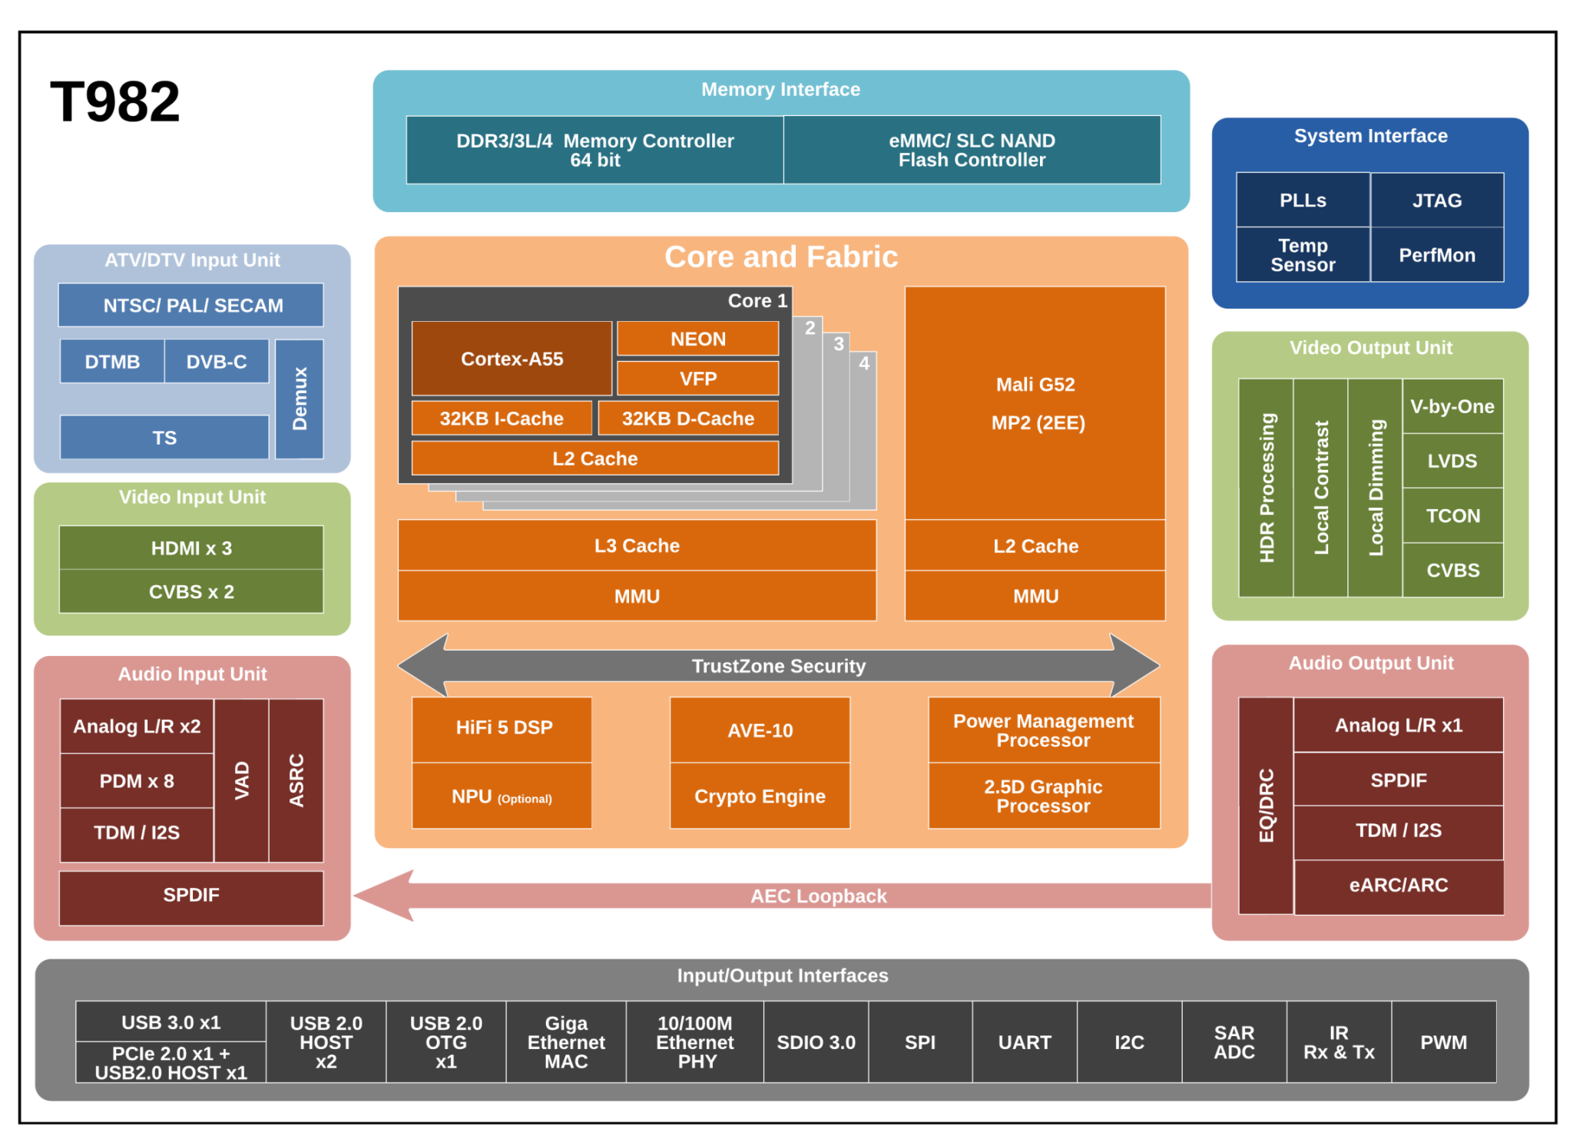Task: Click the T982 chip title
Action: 115,101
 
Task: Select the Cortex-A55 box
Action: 512,359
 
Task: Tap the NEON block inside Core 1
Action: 697,339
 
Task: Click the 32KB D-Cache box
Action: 687,419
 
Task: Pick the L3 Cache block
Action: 637,545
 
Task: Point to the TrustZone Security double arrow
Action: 778,666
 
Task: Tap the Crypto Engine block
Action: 760,796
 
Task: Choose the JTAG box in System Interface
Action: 1436,200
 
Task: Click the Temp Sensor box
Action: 1303,255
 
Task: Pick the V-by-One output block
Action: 1452,406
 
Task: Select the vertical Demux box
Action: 300,399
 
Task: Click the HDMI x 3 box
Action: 191,548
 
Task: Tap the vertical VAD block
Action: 242,780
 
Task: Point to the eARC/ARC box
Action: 1398,885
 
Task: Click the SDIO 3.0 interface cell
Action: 816,1042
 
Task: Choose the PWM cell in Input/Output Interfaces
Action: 1443,1042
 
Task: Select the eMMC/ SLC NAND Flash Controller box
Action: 972,150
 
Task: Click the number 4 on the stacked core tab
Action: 864,363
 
